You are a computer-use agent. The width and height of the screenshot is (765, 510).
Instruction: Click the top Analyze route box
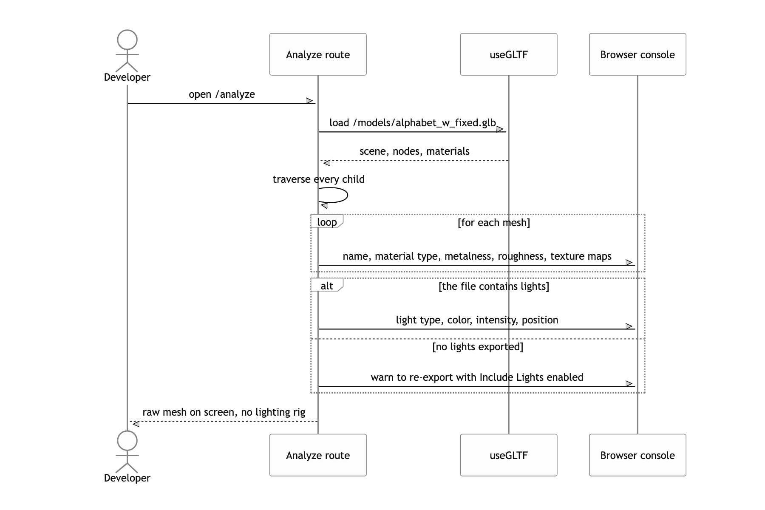click(318, 54)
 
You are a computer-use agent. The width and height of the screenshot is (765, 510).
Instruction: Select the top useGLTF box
click(509, 54)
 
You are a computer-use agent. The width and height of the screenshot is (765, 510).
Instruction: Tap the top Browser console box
click(637, 54)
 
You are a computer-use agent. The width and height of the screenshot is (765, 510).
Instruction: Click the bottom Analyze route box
click(318, 455)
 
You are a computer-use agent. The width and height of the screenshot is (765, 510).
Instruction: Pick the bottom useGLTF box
click(509, 455)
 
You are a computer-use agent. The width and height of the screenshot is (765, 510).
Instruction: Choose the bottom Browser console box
click(637, 455)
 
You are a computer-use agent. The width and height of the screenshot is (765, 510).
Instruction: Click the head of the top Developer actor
click(127, 40)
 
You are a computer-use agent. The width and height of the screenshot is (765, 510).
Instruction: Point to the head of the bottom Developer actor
click(127, 441)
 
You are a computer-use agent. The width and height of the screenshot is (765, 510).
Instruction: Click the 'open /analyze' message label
click(222, 94)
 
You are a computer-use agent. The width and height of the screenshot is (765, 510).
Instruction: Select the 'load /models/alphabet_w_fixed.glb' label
click(413, 123)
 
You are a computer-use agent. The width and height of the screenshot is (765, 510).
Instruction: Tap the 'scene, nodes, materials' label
click(414, 151)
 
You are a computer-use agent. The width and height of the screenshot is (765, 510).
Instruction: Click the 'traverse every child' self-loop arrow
click(347, 195)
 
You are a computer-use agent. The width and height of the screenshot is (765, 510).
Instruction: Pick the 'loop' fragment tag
click(327, 221)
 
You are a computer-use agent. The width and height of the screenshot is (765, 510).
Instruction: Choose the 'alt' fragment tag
click(327, 285)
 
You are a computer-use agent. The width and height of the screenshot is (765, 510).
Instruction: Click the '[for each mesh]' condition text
click(494, 223)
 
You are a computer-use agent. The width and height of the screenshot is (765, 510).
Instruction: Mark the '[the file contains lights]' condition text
click(494, 286)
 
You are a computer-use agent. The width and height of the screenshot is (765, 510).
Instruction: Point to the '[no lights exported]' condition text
click(478, 347)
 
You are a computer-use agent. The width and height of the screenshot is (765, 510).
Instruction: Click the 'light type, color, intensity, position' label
click(477, 320)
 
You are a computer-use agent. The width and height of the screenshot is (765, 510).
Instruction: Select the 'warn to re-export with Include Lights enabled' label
click(477, 377)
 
